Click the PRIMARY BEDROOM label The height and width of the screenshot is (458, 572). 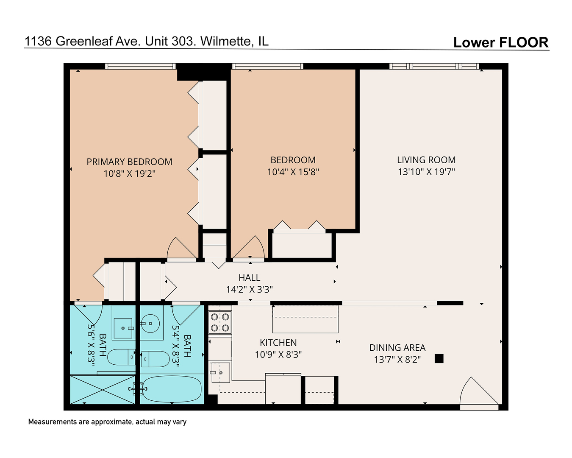[x=129, y=162]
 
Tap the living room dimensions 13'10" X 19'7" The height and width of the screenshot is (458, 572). [x=426, y=172]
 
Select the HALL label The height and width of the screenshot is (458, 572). [x=249, y=278]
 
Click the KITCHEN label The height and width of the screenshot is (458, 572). [x=278, y=343]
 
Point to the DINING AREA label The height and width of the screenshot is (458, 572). [x=397, y=348]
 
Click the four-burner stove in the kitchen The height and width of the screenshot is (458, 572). [x=220, y=322]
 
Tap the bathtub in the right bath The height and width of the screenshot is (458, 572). [x=172, y=389]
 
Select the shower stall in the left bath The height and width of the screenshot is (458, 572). [x=102, y=389]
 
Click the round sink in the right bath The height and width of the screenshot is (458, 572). [x=150, y=324]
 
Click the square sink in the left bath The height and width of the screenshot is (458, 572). [x=123, y=328]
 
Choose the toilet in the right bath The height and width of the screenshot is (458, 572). [x=155, y=359]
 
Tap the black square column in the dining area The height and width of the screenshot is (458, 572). [x=439, y=359]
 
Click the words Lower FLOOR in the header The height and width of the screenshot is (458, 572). [x=500, y=42]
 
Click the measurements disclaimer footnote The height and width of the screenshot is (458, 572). [x=107, y=422]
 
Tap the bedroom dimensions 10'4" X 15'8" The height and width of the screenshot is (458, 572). [x=293, y=172]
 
